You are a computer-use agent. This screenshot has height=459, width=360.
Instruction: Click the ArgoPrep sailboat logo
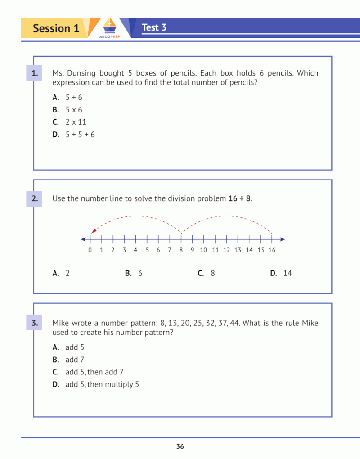point(109,26)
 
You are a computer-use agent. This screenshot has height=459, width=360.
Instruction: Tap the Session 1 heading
point(56,28)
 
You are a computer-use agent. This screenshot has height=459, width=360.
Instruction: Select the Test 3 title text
point(154,27)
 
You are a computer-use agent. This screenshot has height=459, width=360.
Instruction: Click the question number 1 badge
point(34,73)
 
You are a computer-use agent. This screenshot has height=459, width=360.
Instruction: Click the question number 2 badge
point(34,198)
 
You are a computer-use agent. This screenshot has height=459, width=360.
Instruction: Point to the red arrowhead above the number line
point(93,231)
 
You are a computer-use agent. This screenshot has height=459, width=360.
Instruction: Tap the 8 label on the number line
point(181,250)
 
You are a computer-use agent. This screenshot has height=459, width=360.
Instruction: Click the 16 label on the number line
point(272,250)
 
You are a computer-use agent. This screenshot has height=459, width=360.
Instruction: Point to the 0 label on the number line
point(90,250)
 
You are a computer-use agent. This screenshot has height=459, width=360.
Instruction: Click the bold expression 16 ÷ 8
point(239,198)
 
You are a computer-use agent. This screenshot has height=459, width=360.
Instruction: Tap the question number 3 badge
point(34,323)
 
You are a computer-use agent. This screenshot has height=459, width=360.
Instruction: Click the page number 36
point(180,447)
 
